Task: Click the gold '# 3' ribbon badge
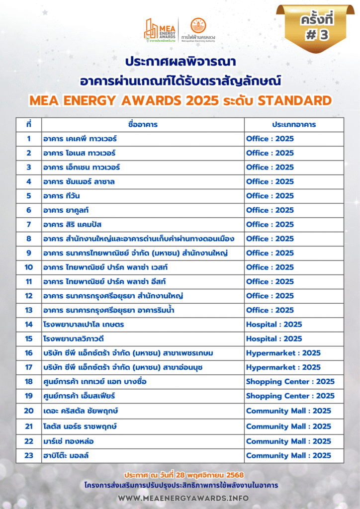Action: (x=316, y=28)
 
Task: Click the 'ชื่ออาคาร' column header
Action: (x=143, y=124)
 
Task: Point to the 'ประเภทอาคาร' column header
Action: (x=294, y=124)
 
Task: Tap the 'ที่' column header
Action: (x=29, y=124)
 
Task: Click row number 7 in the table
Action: (x=29, y=224)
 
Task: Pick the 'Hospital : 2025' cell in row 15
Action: (x=274, y=339)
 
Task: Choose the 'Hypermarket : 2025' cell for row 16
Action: (x=283, y=353)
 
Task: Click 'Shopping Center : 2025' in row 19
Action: (x=290, y=396)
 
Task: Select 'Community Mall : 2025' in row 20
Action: (x=288, y=411)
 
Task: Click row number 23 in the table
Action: (x=29, y=455)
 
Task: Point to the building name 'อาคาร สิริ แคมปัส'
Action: (x=73, y=224)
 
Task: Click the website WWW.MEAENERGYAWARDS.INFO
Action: (x=180, y=498)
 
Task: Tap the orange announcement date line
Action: (x=180, y=475)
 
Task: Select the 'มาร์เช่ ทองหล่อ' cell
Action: (x=69, y=441)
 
